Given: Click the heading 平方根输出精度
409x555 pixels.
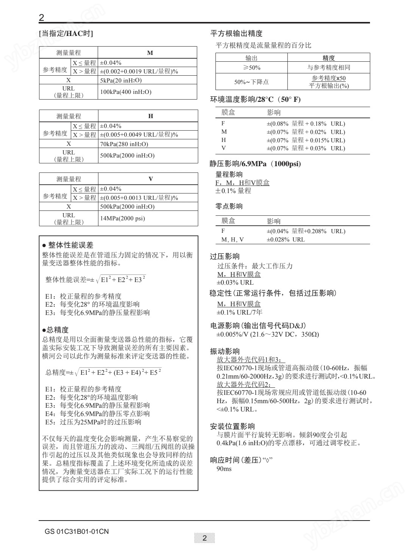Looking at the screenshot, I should coord(236,34).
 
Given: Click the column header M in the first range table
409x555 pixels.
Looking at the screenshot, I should coord(150,53).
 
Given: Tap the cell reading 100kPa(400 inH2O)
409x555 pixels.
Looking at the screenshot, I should coord(126,92).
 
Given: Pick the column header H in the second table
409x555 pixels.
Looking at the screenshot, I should coord(150,116).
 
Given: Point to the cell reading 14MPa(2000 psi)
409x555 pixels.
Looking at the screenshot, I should coord(122,218).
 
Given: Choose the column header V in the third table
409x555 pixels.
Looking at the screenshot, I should coord(150,179).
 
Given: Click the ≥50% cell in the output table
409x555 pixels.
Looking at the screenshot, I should coord(251,68).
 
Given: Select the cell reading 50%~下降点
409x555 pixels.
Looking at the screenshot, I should coord(251,82).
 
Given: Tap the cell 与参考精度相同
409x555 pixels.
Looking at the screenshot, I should coord(328,68).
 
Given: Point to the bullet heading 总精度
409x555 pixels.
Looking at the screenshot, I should coord(57,330).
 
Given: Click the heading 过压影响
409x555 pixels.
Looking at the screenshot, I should coord(225,257).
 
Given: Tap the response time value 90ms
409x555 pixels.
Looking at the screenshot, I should coord(224,469).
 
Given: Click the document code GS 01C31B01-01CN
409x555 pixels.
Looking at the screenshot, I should coord(76,532).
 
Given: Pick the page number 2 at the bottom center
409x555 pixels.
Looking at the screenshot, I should coord(204,538).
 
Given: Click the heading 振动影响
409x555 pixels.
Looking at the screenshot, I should coord(225,351).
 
